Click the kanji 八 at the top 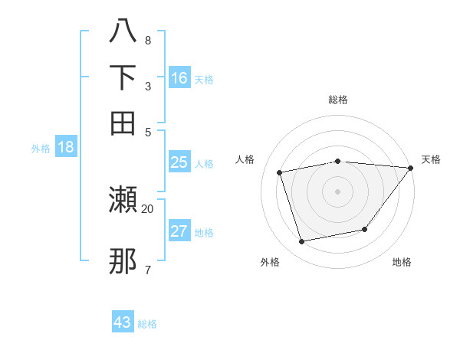click(123, 32)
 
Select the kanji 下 click(123, 78)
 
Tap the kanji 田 click(123, 123)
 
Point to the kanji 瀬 click(123, 201)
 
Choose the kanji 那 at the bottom click(123, 262)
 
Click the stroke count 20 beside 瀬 click(148, 208)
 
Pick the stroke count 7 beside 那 click(148, 269)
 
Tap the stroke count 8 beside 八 click(148, 40)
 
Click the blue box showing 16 click(179, 78)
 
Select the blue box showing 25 click(179, 162)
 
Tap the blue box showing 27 click(179, 231)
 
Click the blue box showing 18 click(66, 147)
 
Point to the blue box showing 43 click(123, 322)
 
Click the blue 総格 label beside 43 click(147, 324)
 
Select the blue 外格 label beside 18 click(41, 149)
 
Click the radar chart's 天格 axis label click(431, 159)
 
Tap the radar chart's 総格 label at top click(338, 100)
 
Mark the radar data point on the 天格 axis click(411, 169)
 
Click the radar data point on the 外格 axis click(302, 242)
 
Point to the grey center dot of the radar click(337, 191)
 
